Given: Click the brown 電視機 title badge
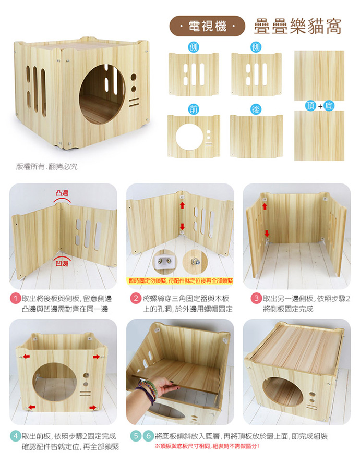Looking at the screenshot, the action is (x=207, y=26).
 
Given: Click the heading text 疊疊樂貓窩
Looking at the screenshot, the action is (x=297, y=26).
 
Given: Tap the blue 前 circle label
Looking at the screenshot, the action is (x=194, y=109).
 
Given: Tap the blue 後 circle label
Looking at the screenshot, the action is (x=256, y=109).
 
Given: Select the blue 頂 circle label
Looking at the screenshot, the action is (x=310, y=106).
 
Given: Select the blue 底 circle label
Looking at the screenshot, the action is (x=329, y=106).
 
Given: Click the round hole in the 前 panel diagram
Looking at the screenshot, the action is (x=189, y=137).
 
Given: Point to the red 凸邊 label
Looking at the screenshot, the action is (x=62, y=193).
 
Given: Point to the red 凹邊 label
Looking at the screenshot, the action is (x=62, y=263).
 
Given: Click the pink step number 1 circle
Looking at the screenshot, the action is (x=15, y=298).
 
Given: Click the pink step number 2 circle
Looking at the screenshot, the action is (x=135, y=298).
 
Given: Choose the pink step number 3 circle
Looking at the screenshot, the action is (x=256, y=298).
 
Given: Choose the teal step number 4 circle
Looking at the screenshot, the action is (x=15, y=436).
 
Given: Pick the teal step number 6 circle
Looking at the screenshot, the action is (x=148, y=436).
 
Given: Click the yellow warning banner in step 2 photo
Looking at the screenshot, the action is (x=180, y=281).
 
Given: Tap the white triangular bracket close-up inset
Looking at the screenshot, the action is (x=165, y=262).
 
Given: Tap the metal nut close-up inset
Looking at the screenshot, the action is (x=195, y=262).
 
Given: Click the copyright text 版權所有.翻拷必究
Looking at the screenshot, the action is (x=46, y=167).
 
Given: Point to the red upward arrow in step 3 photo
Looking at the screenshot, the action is (x=265, y=206).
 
